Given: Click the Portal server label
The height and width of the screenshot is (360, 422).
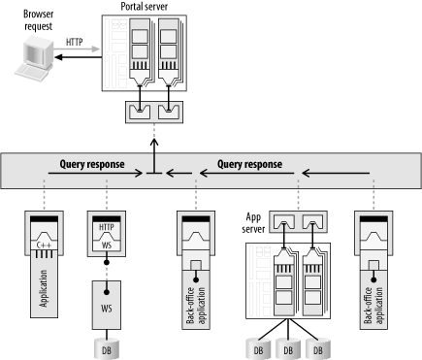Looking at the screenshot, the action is click(145, 7).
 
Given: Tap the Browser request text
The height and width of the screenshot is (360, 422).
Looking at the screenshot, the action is click(38, 20).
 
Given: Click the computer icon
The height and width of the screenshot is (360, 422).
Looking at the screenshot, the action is click(34, 58).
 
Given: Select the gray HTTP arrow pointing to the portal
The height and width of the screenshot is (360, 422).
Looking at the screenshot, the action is click(77, 49).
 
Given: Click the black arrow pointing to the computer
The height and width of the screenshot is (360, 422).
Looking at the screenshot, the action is click(79, 57).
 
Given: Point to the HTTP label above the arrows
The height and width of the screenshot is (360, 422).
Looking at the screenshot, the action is click(75, 42).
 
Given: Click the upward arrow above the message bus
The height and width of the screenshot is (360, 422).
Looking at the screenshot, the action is click(154, 156).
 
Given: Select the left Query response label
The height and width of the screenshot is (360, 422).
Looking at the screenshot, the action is click(92, 164).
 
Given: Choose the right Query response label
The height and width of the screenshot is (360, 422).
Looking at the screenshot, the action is click(249, 164).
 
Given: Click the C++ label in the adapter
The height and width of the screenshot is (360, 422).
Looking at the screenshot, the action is click(44, 245).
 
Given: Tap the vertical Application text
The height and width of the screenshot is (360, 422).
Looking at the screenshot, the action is click(44, 288).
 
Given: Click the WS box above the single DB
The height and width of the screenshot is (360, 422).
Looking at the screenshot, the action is click(107, 305).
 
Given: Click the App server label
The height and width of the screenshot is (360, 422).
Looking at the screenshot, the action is click(253, 223).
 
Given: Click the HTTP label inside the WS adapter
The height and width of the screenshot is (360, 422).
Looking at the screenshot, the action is click(107, 227).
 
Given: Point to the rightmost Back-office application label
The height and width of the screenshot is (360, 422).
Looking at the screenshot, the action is click(373, 306).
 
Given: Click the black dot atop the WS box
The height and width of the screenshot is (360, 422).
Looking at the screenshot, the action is click(107, 292).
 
